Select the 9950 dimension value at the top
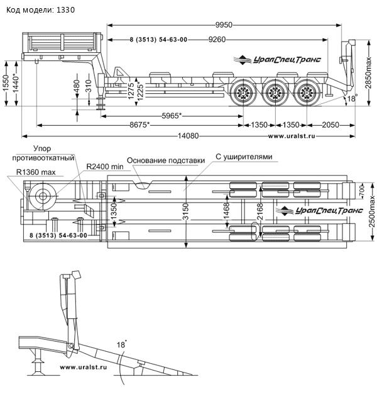pos(224,25)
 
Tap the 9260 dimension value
pos(218,39)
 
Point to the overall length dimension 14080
pos(189,136)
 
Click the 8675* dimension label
pos(139,125)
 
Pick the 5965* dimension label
pos(172,116)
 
